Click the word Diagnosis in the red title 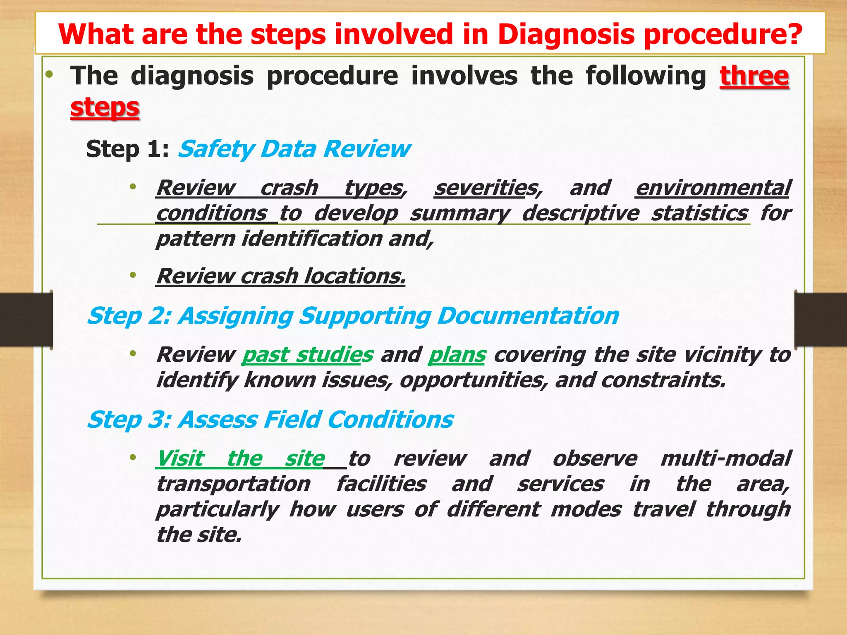click(566, 34)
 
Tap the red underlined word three click(754, 76)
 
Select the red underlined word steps click(105, 107)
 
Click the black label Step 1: click(127, 149)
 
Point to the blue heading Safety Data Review click(294, 149)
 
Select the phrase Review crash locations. click(281, 276)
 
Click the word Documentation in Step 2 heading click(528, 316)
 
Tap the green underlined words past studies click(307, 355)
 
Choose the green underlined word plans click(457, 355)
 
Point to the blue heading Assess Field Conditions click(316, 420)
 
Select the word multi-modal click(725, 458)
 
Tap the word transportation click(233, 484)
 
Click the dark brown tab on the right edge click(821, 320)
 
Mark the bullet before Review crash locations click(133, 275)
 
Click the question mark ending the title click(792, 34)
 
